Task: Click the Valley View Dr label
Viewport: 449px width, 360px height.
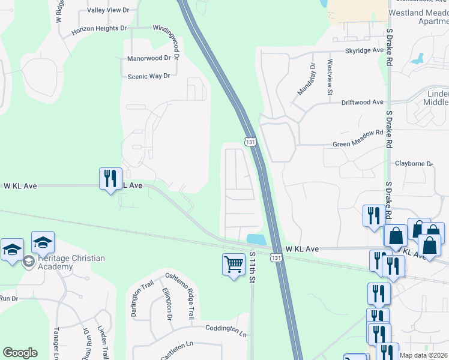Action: tap(108, 10)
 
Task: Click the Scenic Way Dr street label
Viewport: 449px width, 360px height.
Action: tap(149, 76)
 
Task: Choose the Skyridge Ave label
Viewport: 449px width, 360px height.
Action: tap(364, 51)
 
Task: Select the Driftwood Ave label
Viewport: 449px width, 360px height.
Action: tap(362, 103)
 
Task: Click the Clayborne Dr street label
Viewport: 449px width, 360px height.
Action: tap(414, 163)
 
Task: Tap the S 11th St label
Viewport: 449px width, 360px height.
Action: tap(253, 268)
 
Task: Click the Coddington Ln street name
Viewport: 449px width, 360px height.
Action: tap(226, 330)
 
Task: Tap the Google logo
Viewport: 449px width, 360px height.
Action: tap(20, 353)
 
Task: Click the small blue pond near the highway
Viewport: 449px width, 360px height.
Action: tap(256, 239)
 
